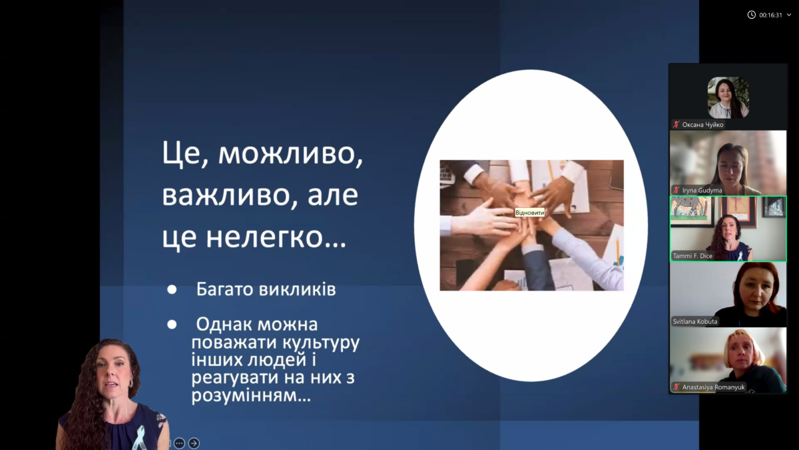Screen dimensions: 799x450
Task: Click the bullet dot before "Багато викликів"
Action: coord(172,289)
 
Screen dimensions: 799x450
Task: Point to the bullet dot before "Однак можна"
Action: coord(172,324)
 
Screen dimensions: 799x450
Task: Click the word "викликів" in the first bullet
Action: coord(297,289)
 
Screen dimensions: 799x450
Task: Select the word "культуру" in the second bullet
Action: coord(321,343)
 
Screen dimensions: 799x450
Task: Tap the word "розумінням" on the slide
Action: coord(251,395)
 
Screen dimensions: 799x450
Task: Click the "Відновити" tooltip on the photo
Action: coord(530,213)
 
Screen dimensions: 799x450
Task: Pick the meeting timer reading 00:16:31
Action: coord(770,15)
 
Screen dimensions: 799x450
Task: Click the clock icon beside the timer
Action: coord(751,15)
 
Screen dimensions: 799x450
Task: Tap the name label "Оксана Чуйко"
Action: coord(702,125)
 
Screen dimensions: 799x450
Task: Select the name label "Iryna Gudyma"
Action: coord(702,191)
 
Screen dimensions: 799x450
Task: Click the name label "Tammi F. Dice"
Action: coord(692,256)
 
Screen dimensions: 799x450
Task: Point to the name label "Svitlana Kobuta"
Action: coord(695,321)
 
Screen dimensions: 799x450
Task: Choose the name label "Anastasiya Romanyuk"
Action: coord(713,387)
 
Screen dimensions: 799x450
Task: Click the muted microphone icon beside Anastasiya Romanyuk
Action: coord(676,387)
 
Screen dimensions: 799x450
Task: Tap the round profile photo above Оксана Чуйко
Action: coord(728,97)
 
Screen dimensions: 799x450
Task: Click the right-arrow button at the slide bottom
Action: coord(194,443)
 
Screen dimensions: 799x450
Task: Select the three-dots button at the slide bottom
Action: coord(179,443)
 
